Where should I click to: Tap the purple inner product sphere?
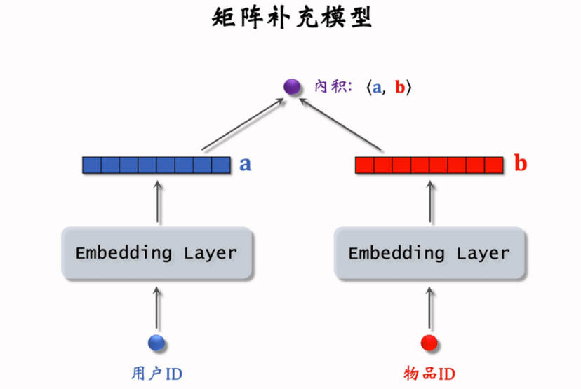pyautogui.click(x=291, y=86)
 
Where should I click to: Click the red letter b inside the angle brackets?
pyautogui.click(x=399, y=88)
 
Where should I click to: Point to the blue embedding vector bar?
pyautogui.click(x=156, y=165)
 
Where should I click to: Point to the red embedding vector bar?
pyautogui.click(x=429, y=165)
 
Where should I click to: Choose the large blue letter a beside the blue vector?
pyautogui.click(x=246, y=165)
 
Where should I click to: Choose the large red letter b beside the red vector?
pyautogui.click(x=521, y=164)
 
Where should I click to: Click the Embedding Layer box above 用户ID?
pyautogui.click(x=156, y=253)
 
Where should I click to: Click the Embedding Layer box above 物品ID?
pyautogui.click(x=429, y=253)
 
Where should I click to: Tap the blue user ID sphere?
pyautogui.click(x=156, y=343)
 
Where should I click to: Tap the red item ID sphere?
pyautogui.click(x=429, y=343)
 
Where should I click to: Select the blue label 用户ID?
pyautogui.click(x=157, y=372)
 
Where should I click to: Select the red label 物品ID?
pyautogui.click(x=429, y=372)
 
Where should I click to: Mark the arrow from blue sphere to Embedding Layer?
pyautogui.click(x=156, y=310)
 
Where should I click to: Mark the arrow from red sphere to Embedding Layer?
pyautogui.click(x=429, y=310)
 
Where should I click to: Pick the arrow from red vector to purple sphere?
pyautogui.click(x=342, y=125)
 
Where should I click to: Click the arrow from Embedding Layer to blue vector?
pyautogui.click(x=156, y=201)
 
